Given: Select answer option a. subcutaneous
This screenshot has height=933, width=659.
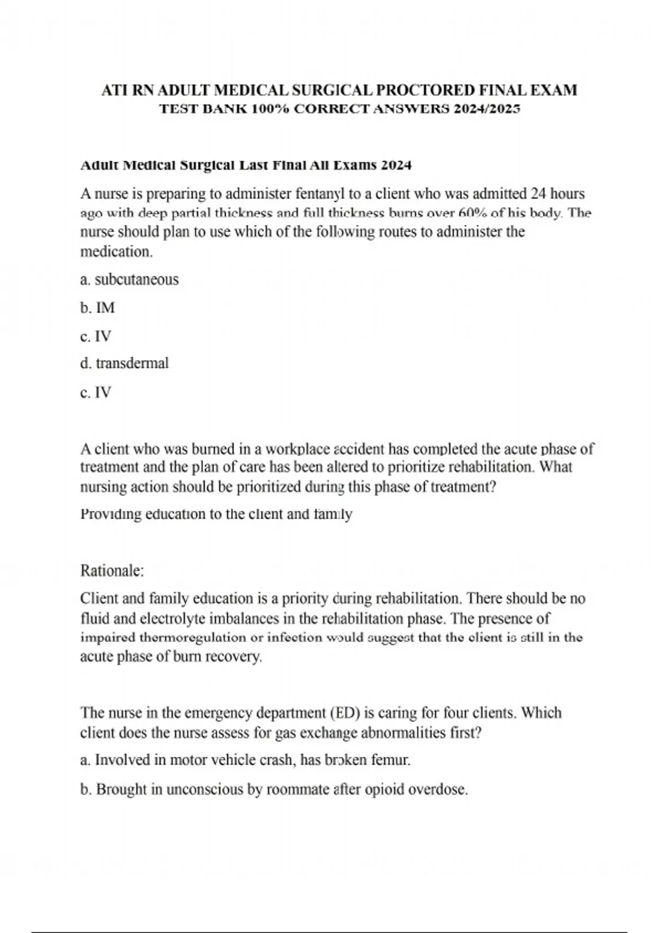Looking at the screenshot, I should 130,280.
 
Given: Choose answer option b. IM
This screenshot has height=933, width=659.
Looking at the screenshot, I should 98,308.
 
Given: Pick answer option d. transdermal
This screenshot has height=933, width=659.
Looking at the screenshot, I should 125,363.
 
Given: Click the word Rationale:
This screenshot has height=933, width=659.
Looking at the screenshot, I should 112,571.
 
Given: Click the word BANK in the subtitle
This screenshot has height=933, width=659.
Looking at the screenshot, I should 224,109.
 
